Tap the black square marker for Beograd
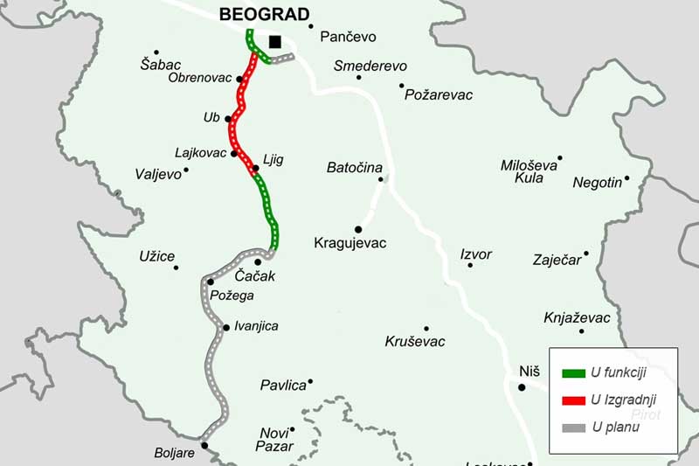tap(275, 41)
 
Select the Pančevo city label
tap(348, 37)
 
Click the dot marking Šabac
tap(156, 52)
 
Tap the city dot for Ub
tap(228, 119)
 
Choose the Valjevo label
tap(157, 174)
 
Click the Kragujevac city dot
tap(358, 229)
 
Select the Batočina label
tap(353, 166)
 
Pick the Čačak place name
tap(255, 276)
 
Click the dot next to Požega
tap(210, 282)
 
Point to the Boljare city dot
tap(204, 445)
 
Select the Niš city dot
tap(522, 387)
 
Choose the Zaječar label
tap(556, 260)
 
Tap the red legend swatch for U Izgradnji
tap(573, 400)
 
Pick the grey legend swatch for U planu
tap(573, 428)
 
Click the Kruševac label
tap(414, 342)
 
